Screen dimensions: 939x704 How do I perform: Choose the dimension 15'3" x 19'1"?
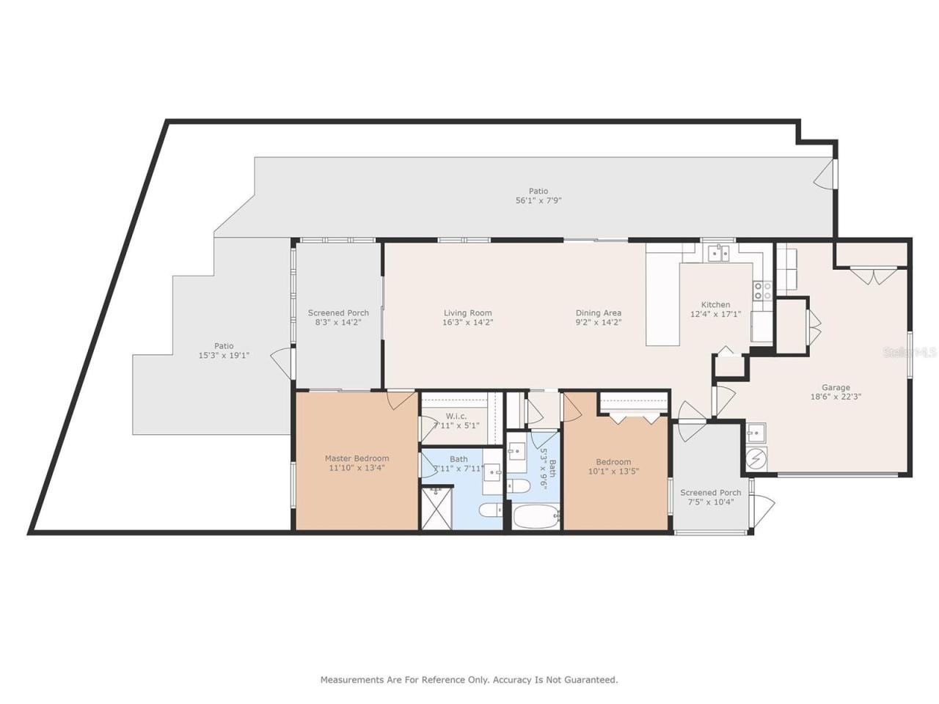click(223, 355)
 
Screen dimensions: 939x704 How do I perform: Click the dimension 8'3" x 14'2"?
click(338, 322)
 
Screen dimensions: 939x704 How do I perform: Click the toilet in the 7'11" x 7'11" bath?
click(491, 509)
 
